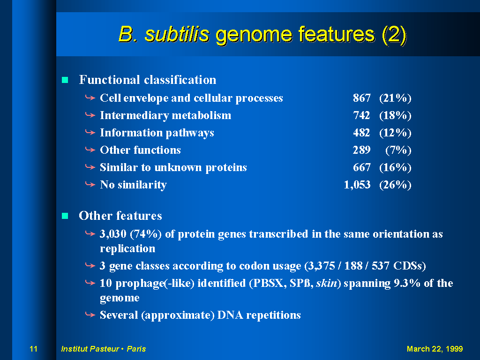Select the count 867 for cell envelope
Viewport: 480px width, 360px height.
coord(361,98)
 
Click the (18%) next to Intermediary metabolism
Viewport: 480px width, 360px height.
coord(395,115)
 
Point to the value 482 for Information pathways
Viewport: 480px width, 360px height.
coord(361,133)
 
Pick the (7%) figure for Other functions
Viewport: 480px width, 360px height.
coord(398,150)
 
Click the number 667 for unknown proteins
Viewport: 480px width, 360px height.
coord(361,167)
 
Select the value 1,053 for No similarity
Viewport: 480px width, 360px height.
coord(357,185)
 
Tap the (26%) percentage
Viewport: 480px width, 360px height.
coord(395,185)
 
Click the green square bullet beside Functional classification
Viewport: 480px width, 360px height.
coord(65,80)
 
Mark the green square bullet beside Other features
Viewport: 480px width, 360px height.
coord(65,216)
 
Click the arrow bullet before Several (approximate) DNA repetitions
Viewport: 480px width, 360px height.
coord(90,315)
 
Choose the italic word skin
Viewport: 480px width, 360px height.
coord(326,283)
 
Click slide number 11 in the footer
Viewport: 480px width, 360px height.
coord(33,349)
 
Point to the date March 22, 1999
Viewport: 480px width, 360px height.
coord(435,349)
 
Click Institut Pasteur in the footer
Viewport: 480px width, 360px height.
coord(90,349)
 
